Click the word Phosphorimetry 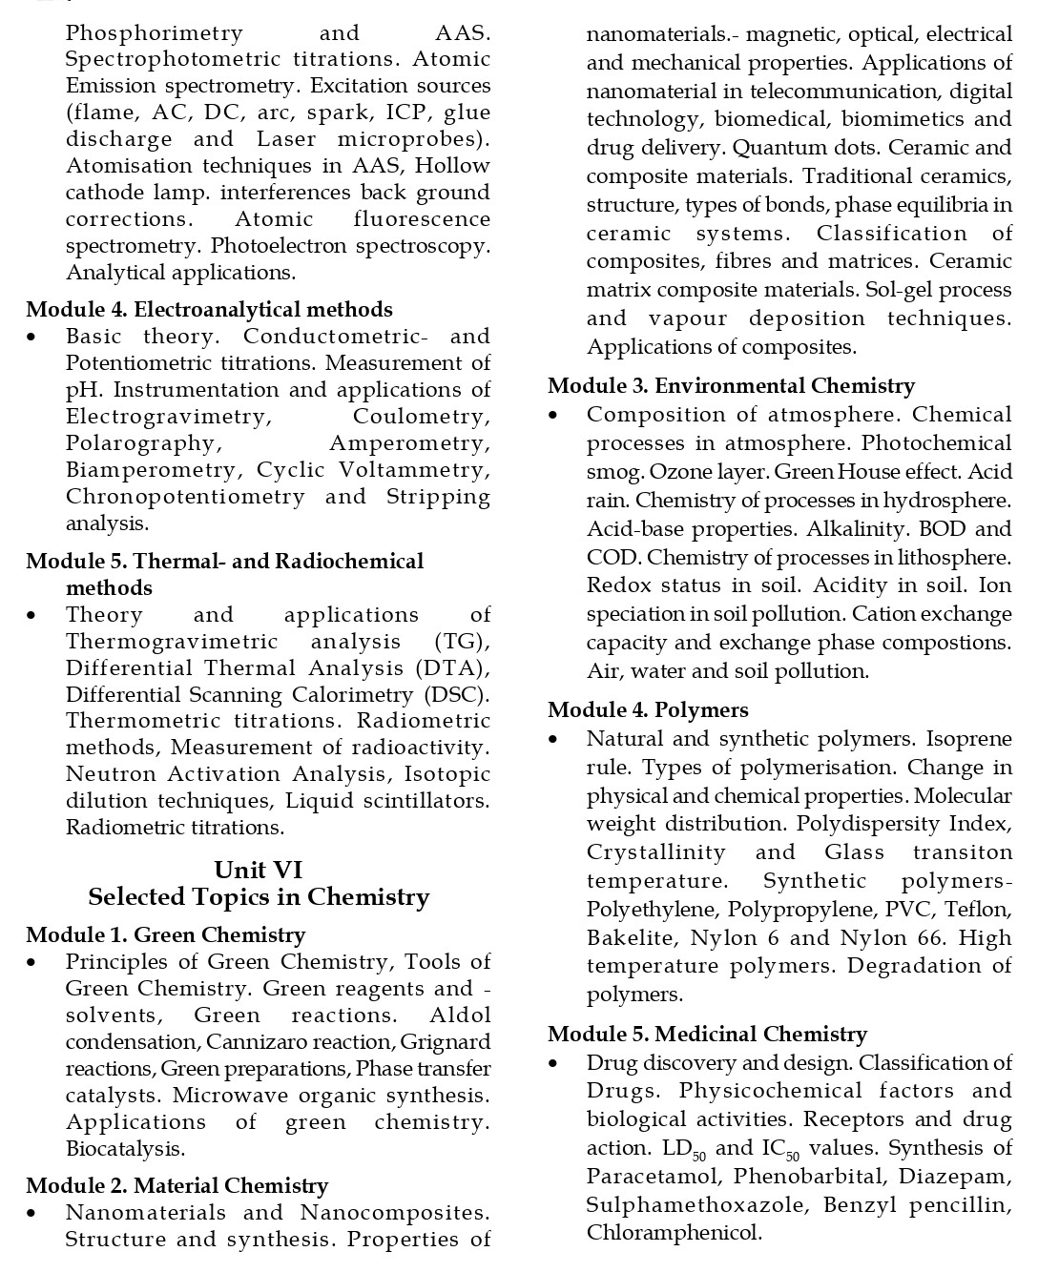[x=155, y=33]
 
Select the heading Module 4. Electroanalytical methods [x=209, y=310]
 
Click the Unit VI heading [x=259, y=870]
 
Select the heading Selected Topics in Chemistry [x=259, y=897]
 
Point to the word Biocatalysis [x=125, y=1149]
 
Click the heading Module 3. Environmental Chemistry [x=731, y=386]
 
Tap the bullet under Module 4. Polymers [x=553, y=740]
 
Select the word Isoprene [x=969, y=739]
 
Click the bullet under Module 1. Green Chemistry [x=32, y=963]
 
